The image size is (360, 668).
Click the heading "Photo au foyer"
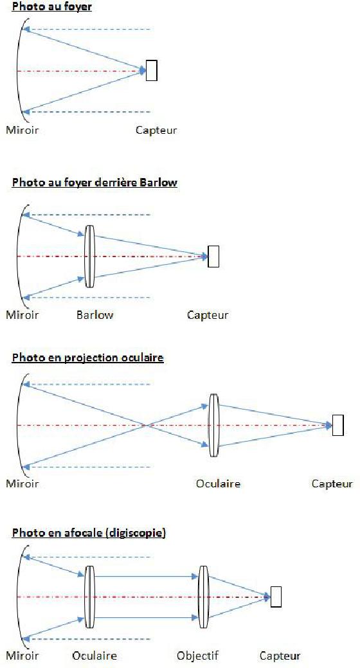(x=52, y=6)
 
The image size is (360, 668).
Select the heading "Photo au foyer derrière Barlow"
(x=94, y=183)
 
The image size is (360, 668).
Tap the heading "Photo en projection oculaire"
(x=88, y=357)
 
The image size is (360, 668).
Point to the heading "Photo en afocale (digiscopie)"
(x=89, y=532)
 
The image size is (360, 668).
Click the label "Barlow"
(x=95, y=315)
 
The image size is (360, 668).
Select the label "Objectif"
(x=198, y=655)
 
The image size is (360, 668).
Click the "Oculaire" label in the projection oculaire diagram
(x=218, y=483)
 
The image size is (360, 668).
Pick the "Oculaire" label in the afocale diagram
(x=94, y=655)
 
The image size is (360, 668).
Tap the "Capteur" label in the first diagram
(x=156, y=130)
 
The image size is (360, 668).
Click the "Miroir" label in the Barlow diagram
(x=22, y=315)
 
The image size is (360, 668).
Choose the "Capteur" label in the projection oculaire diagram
(x=332, y=483)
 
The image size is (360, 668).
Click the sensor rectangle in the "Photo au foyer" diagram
(x=152, y=70)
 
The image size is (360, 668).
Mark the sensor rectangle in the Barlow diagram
(x=213, y=257)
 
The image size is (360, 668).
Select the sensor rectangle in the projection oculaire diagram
(x=338, y=425)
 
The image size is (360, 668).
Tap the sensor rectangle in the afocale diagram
(x=276, y=597)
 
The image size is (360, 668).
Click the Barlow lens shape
(x=89, y=257)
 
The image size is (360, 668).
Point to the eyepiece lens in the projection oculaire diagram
(x=214, y=425)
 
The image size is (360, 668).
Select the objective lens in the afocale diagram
(x=204, y=597)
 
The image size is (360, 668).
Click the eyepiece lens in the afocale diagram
(x=89, y=597)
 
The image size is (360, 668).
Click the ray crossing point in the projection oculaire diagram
(x=146, y=425)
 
